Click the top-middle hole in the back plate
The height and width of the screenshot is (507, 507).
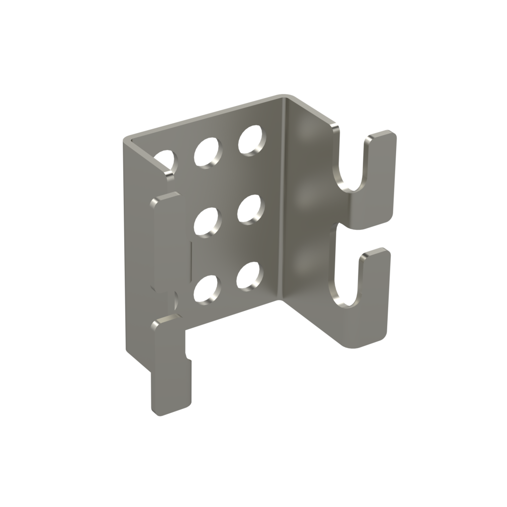click(208, 152)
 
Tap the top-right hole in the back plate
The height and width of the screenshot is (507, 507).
click(251, 140)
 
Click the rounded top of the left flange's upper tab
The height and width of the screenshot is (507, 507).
click(166, 197)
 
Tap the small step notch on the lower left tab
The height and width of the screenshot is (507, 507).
click(187, 355)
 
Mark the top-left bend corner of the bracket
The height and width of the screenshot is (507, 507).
click(127, 140)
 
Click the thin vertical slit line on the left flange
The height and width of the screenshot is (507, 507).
click(191, 257)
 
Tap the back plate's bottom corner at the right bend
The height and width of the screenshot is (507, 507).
click(280, 300)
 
